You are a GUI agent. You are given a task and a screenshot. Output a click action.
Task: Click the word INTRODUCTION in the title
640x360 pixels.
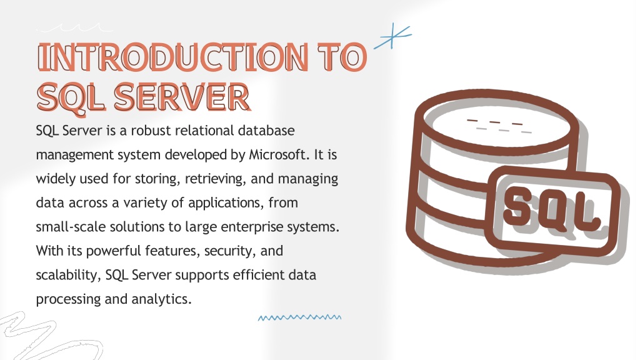(x=173, y=57)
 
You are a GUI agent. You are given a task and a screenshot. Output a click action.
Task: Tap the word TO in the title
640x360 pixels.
(x=342, y=57)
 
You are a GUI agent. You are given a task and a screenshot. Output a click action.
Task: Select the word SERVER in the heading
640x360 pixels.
(x=182, y=97)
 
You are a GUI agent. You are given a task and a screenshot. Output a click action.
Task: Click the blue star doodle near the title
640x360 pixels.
(x=392, y=36)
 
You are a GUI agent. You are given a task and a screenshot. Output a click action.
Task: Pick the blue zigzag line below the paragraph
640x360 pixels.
(x=299, y=317)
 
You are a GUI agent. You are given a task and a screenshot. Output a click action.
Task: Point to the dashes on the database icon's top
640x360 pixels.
(x=499, y=126)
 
